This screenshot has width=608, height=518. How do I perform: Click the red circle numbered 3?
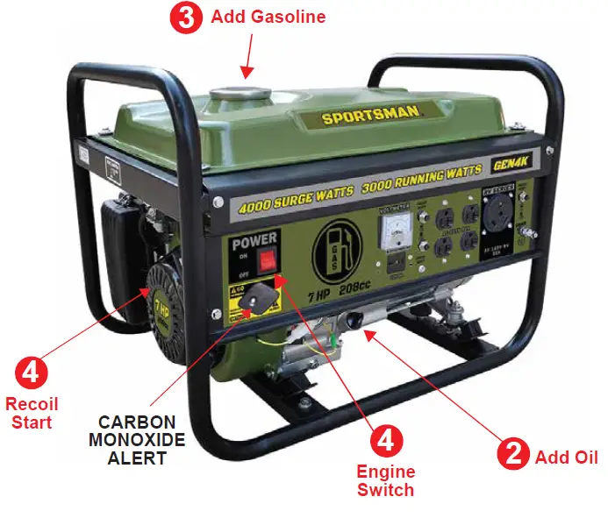coord(186,18)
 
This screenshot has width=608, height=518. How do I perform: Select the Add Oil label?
coord(567,457)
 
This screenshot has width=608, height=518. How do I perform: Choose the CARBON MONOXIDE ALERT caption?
coord(137,438)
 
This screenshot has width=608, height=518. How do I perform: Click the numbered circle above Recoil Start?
coord(31,372)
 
